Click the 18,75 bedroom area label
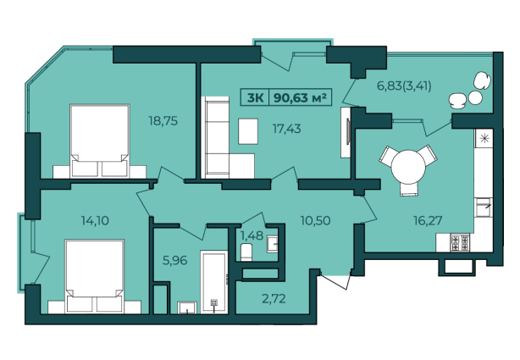tap(163, 121)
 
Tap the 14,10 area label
tap(95, 220)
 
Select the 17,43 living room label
tap(286, 129)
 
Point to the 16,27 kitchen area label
tap(428, 220)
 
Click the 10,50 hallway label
tap(315, 220)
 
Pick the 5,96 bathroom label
tap(174, 260)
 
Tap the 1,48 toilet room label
tap(252, 235)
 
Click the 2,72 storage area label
tap(274, 299)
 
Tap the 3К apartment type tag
tap(255, 97)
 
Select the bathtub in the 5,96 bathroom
tap(214, 282)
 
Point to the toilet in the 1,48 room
tap(246, 252)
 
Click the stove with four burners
tap(460, 242)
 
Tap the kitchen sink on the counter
tap(484, 208)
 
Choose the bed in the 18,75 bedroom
tap(99, 141)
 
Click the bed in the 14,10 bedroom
tap(95, 276)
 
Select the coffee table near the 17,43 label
tap(248, 131)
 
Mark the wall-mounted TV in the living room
tap(348, 132)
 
